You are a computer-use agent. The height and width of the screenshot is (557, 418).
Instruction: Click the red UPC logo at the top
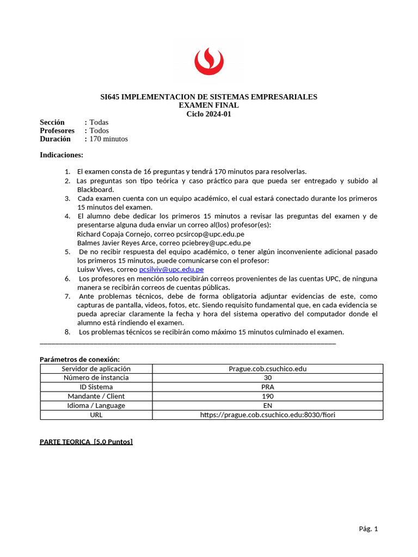(x=208, y=60)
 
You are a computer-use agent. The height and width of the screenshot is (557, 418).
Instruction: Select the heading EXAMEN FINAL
(x=208, y=105)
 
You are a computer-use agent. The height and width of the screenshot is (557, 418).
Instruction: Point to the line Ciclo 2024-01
(x=208, y=114)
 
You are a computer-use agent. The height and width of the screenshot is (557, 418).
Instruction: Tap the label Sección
(x=52, y=122)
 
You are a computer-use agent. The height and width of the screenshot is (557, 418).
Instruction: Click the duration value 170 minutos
(x=109, y=139)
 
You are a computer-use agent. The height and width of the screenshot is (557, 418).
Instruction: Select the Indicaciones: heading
(x=62, y=155)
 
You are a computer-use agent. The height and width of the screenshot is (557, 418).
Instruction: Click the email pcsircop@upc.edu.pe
(x=210, y=234)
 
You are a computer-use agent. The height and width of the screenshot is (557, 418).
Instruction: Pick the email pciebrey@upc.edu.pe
(x=217, y=243)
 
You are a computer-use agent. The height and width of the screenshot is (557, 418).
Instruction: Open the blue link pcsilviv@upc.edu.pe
(x=171, y=269)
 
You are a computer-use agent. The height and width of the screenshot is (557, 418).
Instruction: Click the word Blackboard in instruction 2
(x=95, y=189)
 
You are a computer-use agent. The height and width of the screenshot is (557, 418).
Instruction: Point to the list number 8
(x=67, y=332)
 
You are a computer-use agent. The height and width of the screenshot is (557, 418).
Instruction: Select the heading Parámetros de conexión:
(x=79, y=359)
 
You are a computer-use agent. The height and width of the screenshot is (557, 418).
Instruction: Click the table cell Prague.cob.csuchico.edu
(x=267, y=369)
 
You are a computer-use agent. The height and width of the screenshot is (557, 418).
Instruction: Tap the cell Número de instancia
(x=96, y=377)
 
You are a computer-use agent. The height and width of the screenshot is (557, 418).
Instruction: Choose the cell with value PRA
(x=267, y=387)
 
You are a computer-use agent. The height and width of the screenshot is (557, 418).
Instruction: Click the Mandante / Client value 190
(x=267, y=396)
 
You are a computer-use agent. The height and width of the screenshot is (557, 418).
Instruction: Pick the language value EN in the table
(x=267, y=405)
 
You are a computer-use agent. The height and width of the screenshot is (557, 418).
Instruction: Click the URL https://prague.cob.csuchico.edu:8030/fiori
(x=267, y=414)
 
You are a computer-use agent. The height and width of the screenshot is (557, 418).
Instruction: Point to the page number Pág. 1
(x=368, y=529)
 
